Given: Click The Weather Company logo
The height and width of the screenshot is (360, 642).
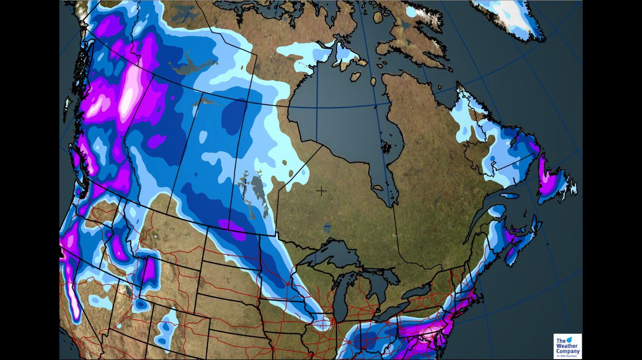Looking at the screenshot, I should point(567,346).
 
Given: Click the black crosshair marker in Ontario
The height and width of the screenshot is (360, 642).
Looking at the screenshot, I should point(321,191).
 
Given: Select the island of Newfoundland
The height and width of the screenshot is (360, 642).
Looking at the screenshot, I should point(553,181).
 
